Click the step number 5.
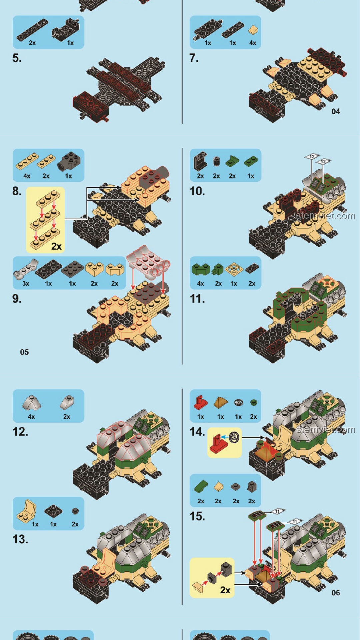tap(17, 58)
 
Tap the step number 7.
tap(194, 58)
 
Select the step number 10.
tap(197, 191)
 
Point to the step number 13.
tap(20, 539)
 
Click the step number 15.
tap(197, 516)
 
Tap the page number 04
tap(336, 111)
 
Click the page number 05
tap(24, 352)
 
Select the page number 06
tap(336, 593)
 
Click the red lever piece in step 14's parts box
tap(200, 403)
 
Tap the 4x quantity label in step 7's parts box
tap(253, 43)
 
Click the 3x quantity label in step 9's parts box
tap(26, 284)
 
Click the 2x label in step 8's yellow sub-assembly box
tap(56, 246)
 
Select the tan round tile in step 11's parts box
tap(234, 269)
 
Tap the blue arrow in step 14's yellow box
tap(225, 437)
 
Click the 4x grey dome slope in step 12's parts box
tap(32, 403)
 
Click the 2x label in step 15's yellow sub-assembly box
tap(225, 590)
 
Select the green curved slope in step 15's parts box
tap(201, 487)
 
